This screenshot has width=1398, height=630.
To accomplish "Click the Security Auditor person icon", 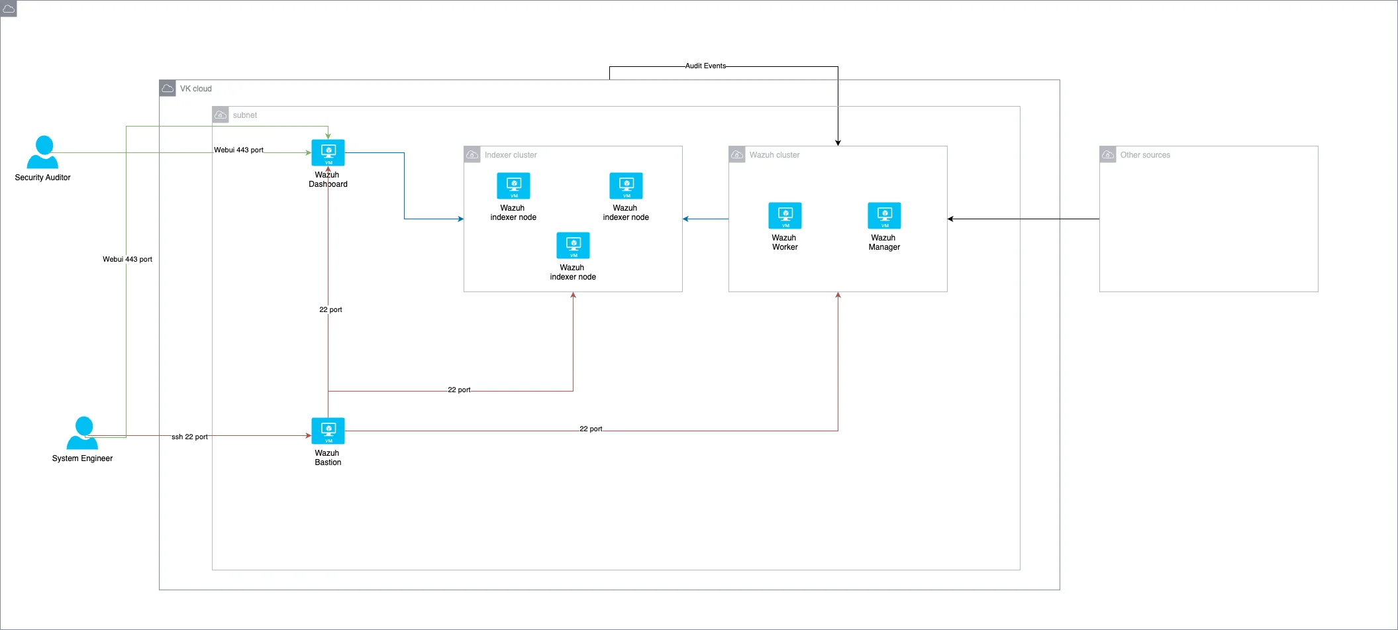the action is pos(43,152).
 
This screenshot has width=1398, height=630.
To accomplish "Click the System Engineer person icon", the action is pos(83,433).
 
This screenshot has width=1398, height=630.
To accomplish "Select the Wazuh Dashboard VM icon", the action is pos(328,153).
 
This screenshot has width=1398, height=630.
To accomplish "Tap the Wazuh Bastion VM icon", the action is pos(328,431).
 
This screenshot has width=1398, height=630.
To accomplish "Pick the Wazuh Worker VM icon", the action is pos(785,216).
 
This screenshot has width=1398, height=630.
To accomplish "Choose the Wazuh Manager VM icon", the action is pos(884,216).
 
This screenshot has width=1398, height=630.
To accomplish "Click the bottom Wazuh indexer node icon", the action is pos(573,246).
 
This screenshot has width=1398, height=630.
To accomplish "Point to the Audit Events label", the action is pos(705,66).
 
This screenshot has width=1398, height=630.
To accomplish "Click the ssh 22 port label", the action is pos(189,437).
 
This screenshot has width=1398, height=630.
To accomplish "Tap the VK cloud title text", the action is pos(196,89).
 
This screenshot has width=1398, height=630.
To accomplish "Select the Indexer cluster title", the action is pos(511,155).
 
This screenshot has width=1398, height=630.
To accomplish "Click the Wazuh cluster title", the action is pos(774,155).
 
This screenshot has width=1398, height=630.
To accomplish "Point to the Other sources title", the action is pos(1145,155).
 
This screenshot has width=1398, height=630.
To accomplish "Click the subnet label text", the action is pos(245,115).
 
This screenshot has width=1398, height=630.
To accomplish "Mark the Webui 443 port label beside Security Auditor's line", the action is pos(238,150).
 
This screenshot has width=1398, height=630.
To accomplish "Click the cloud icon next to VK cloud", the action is pos(168,88).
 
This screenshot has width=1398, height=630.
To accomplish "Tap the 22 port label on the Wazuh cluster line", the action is pos(591,429).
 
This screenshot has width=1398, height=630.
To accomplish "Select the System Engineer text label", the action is pos(82,458).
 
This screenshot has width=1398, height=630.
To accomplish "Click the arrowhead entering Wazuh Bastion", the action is pos(308,436).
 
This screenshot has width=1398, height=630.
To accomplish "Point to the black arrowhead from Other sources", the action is pos(951,219).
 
